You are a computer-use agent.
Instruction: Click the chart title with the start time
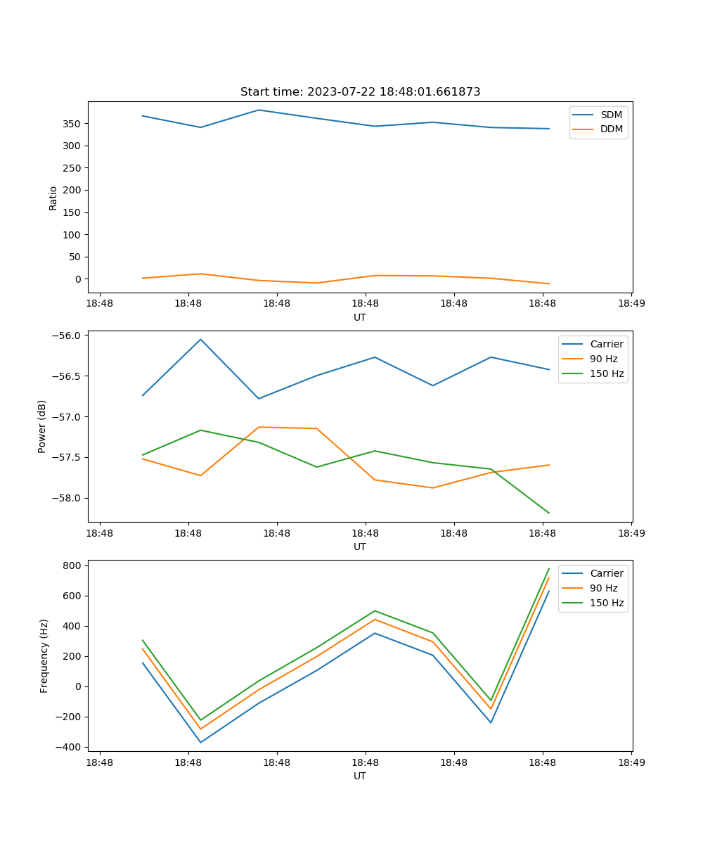tap(360, 92)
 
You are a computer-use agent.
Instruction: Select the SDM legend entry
tap(611, 115)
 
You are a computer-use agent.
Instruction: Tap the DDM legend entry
tap(611, 129)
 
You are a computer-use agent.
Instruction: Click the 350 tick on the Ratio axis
tap(72, 124)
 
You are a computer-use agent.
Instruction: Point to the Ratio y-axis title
tap(53, 198)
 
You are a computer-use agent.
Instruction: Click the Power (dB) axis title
tap(42, 426)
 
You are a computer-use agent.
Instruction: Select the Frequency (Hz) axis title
tap(44, 656)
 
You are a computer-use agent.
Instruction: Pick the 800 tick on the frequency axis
tap(74, 565)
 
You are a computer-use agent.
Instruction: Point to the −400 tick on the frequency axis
tap(70, 747)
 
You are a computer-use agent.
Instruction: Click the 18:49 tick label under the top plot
tap(631, 305)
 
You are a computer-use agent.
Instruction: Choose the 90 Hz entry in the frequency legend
tap(604, 588)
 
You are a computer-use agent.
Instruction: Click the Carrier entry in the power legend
tap(606, 345)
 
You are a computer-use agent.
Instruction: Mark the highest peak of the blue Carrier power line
tap(200, 339)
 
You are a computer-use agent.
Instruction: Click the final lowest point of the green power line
tap(549, 513)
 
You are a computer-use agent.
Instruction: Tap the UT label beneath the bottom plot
tap(360, 776)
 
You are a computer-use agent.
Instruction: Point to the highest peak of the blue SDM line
tap(259, 110)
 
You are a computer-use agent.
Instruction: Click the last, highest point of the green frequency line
tap(549, 568)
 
